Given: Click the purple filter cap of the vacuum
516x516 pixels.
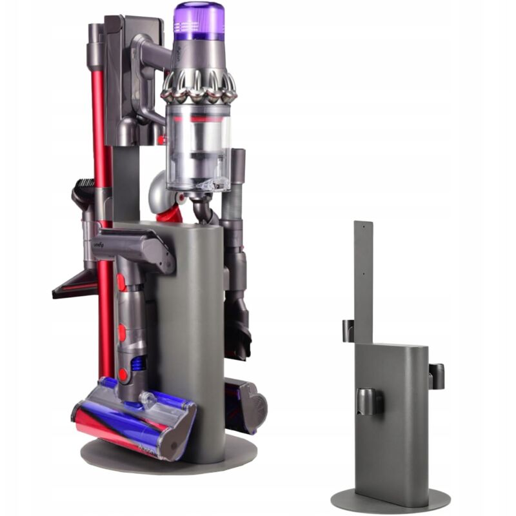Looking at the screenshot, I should (199, 21).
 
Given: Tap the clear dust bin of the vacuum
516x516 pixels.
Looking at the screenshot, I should (197, 148).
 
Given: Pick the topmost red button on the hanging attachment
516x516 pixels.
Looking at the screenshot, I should (121, 281).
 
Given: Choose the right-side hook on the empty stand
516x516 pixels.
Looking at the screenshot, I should (436, 375).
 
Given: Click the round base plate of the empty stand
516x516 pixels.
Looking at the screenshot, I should (390, 500).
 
